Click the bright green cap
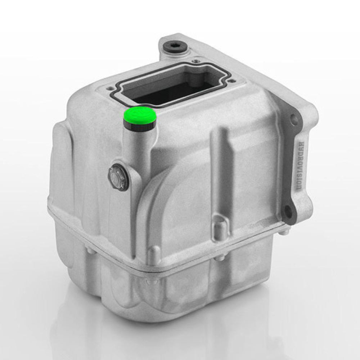[140, 115]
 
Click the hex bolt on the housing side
[118, 176]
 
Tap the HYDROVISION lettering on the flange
[299, 165]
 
